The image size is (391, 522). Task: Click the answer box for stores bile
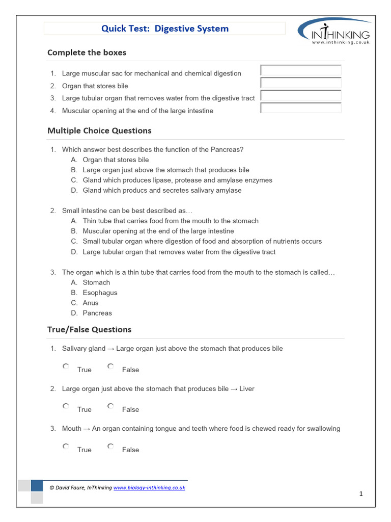[300, 83]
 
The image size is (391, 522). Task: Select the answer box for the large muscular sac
[300, 70]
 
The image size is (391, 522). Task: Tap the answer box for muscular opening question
[300, 108]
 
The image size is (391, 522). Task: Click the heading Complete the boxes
[87, 53]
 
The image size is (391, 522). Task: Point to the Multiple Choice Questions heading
[99, 130]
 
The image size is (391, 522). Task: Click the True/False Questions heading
[89, 329]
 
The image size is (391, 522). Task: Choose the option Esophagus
[100, 293]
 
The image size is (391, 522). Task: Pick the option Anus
[91, 303]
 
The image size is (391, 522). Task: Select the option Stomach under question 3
[96, 282]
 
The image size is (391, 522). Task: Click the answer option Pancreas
[97, 313]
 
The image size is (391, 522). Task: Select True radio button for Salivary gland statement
[66, 367]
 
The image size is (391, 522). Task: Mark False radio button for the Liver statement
[110, 406]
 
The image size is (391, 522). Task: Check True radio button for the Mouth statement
[66, 447]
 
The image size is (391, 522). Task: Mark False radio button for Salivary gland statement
[110, 367]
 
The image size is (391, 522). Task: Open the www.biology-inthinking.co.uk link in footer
[149, 488]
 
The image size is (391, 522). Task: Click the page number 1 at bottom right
[360, 494]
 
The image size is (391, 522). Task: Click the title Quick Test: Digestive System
[165, 29]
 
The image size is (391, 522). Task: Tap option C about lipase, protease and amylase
[177, 180]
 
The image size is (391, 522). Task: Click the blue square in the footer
[37, 485]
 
